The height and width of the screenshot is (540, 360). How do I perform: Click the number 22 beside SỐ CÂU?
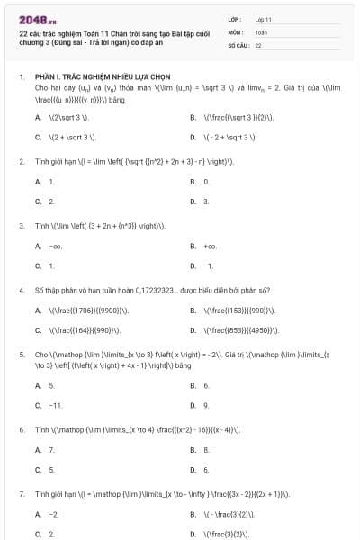pyautogui.click(x=258, y=44)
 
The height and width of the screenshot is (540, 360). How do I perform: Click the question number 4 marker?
pyautogui.click(x=21, y=291)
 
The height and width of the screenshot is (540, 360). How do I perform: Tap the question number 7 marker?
pyautogui.click(x=21, y=494)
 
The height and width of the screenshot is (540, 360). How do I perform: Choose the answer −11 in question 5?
pyautogui.click(x=55, y=405)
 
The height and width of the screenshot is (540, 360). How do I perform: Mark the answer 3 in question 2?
pyautogui.click(x=206, y=202)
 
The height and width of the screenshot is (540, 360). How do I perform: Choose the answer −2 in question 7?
pyautogui.click(x=54, y=514)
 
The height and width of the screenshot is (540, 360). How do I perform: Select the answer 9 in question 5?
pyautogui.click(x=206, y=405)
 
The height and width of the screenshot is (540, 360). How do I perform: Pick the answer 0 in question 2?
pyautogui.click(x=206, y=182)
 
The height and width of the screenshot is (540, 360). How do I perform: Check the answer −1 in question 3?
pyautogui.click(x=208, y=266)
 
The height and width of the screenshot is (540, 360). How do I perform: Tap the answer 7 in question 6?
pyautogui.click(x=51, y=449)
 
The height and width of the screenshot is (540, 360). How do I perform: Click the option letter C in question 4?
pyautogui.click(x=38, y=330)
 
